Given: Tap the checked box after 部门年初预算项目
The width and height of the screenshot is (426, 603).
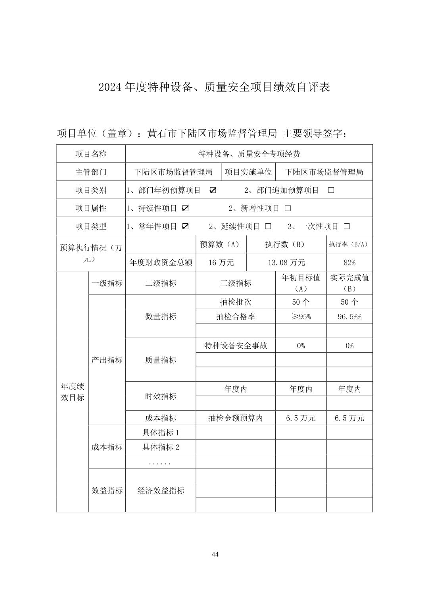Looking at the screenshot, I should [213, 190].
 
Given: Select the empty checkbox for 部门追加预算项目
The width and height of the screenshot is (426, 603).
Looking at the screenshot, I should [331, 190].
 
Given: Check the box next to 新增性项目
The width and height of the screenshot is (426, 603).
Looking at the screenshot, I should [288, 208].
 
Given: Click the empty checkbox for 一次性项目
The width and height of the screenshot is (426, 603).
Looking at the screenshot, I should [347, 227].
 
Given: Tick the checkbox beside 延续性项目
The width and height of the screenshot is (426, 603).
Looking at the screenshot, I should [268, 227].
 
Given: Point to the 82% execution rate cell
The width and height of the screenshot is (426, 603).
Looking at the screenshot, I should [349, 263].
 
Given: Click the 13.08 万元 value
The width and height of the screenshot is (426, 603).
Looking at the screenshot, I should [286, 263].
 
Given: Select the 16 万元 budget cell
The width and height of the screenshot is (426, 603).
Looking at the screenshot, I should [221, 263].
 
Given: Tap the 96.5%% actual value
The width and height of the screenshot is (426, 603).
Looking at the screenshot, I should [349, 317].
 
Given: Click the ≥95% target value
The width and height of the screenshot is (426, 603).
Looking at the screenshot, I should [301, 317].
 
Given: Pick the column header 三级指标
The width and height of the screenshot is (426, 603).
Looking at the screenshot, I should [236, 283].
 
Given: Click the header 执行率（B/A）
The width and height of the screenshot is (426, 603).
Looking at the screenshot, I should [349, 244].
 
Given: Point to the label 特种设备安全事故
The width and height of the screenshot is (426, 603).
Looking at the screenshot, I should [236, 346].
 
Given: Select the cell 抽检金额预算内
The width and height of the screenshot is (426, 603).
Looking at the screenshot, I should [236, 418].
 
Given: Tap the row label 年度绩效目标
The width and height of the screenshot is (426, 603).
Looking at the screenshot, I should [72, 392].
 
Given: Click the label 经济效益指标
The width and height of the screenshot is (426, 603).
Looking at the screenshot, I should [161, 491].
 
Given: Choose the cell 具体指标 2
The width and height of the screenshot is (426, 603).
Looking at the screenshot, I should [161, 447].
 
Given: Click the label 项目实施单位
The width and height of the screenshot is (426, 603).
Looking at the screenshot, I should [248, 172].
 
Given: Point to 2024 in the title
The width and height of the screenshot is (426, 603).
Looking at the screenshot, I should [110, 87].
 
